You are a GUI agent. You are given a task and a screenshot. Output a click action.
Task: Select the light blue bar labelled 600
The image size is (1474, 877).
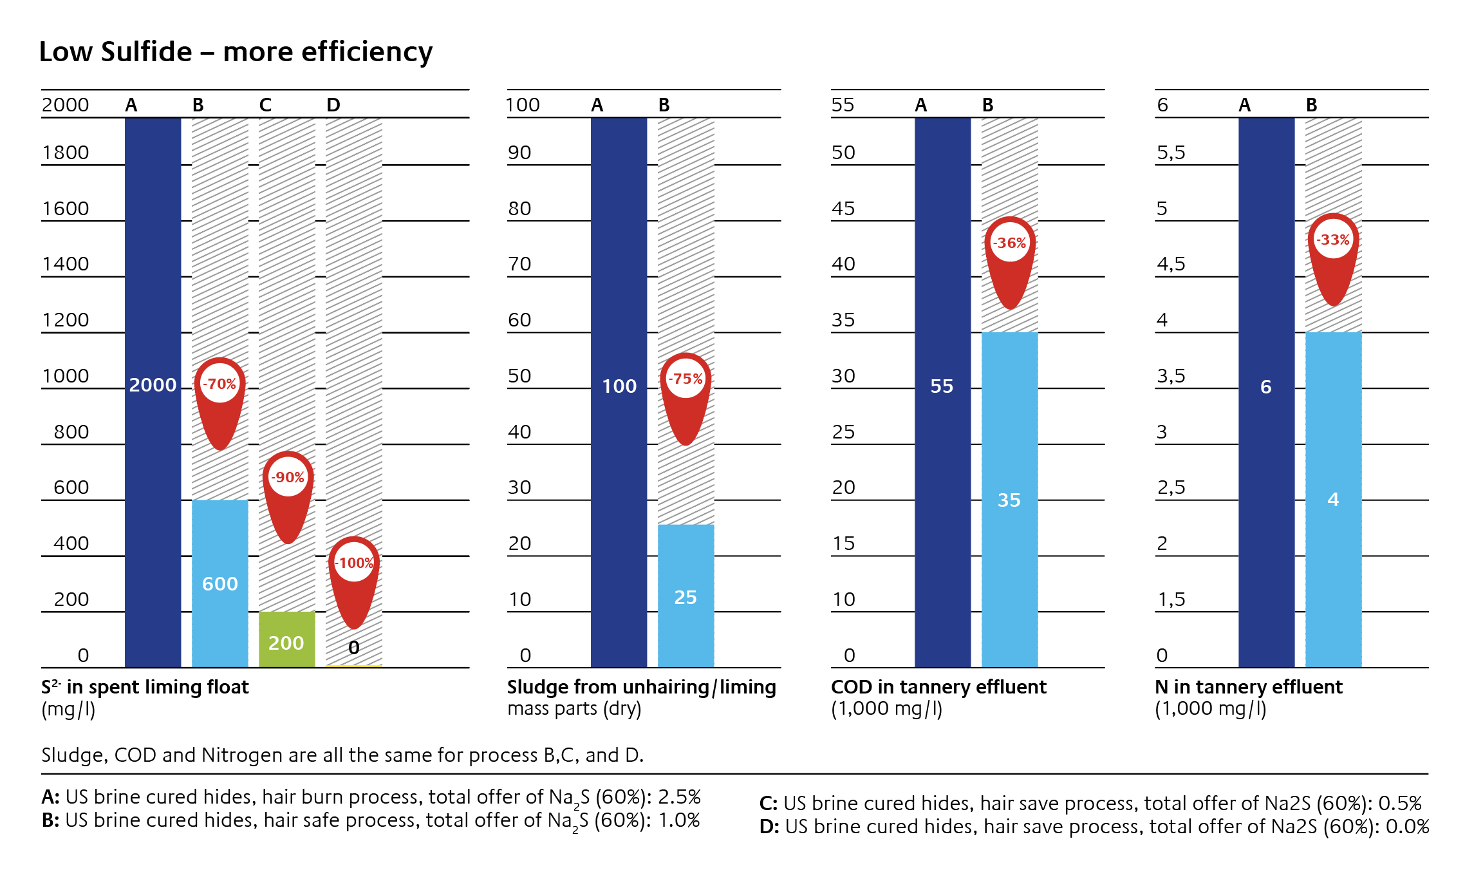(220, 583)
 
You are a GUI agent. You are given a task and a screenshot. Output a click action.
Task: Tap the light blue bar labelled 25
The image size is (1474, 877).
(686, 596)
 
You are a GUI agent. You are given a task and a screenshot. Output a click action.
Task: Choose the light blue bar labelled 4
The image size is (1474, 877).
(1333, 499)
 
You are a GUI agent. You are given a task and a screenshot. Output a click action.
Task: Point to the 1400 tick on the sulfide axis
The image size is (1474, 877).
(66, 264)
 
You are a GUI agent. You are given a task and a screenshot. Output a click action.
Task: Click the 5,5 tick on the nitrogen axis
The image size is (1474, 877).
(1171, 153)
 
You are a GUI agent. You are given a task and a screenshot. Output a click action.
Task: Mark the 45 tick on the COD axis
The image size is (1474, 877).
(843, 209)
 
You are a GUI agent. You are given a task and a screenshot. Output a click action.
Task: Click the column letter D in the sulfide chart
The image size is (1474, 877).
(333, 105)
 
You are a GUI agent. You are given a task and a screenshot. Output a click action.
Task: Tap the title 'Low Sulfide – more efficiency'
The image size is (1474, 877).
(236, 52)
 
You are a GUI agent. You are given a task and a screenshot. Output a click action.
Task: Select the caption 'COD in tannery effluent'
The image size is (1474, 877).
(938, 687)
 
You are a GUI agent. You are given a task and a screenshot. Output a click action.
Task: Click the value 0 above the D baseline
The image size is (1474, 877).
(354, 648)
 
